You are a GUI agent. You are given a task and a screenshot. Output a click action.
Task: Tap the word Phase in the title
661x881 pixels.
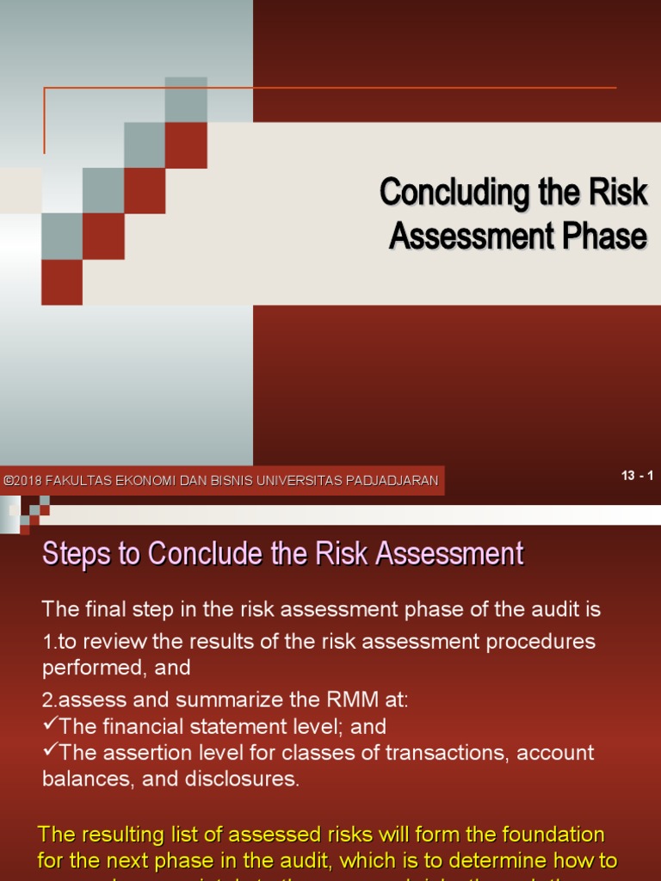[x=603, y=236]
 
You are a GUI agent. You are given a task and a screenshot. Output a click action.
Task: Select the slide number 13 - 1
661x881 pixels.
[x=637, y=476]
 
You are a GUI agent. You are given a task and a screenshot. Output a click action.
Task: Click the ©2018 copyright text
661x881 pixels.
[x=22, y=481]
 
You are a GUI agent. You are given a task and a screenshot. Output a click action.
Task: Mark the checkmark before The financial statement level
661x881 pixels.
[x=50, y=725]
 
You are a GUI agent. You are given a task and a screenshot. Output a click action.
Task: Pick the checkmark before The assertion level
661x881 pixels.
[x=50, y=752]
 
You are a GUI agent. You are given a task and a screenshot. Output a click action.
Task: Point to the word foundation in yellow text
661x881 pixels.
[x=553, y=835]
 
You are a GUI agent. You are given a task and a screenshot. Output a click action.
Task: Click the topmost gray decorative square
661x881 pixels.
[x=186, y=99]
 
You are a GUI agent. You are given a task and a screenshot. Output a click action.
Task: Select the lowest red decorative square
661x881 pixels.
[x=62, y=282]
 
